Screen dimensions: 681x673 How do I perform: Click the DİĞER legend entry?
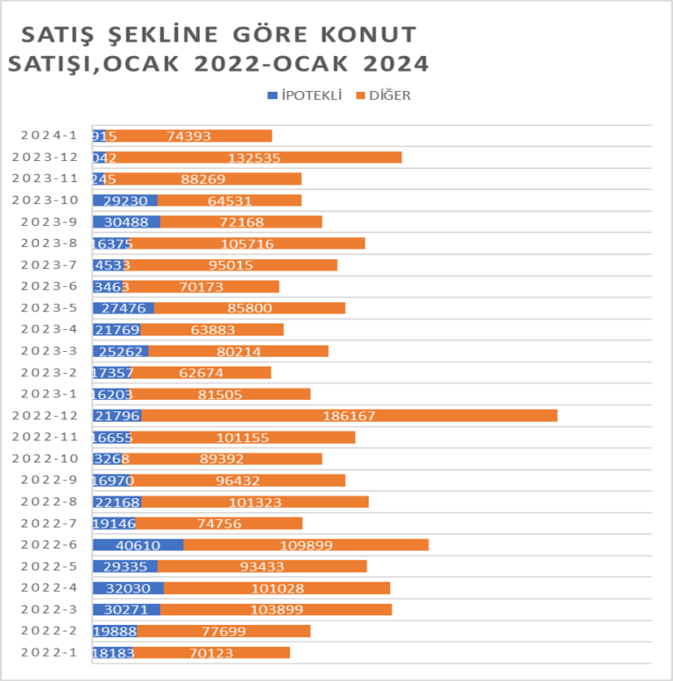click(x=384, y=95)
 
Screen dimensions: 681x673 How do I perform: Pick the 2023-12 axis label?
click(x=50, y=158)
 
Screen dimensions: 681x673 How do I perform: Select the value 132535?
click(x=255, y=158)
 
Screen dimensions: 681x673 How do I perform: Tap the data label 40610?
click(x=138, y=544)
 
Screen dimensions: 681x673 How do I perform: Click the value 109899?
click(x=306, y=544)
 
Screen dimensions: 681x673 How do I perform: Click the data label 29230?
click(x=125, y=200)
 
